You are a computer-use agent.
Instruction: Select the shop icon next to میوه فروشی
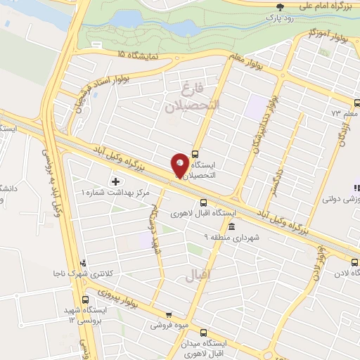(167, 314)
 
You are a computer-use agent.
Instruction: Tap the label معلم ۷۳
(345, 112)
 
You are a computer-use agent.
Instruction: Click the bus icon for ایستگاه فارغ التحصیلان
(195, 155)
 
